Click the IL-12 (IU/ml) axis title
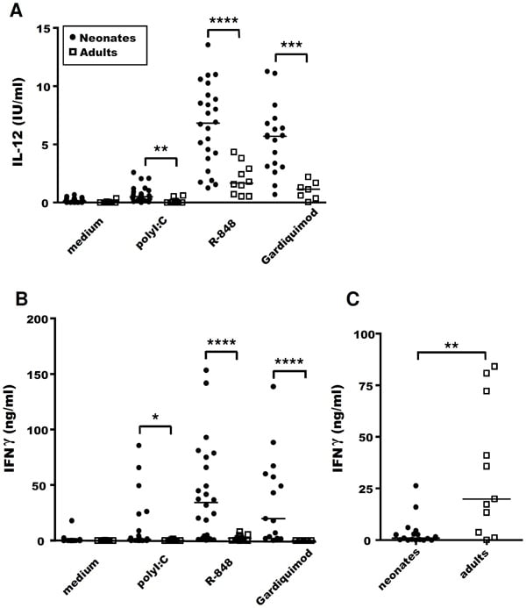[x=16, y=114]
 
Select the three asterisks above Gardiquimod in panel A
[x=290, y=44]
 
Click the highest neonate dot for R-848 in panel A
[x=208, y=45]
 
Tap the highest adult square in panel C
[x=494, y=367]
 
